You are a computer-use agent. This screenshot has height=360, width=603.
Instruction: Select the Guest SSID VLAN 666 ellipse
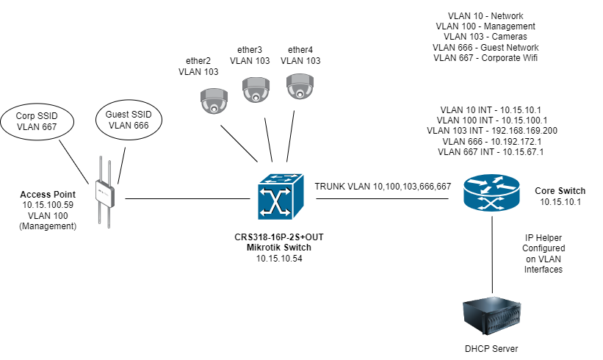click(x=129, y=120)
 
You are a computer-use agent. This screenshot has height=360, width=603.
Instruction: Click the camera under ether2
click(x=214, y=101)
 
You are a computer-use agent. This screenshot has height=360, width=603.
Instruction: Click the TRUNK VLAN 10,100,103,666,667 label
click(x=383, y=187)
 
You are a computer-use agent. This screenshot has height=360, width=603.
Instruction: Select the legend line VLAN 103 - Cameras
click(x=485, y=36)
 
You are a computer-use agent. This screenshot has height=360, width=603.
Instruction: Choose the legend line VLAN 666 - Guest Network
click(x=485, y=47)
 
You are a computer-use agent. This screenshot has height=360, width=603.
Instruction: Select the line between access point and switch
click(x=187, y=198)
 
